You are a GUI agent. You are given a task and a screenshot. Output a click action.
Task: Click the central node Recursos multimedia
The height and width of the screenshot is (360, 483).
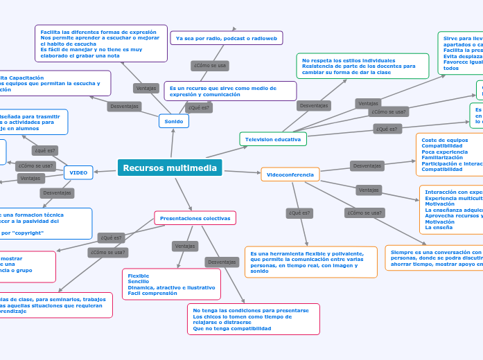(170, 168)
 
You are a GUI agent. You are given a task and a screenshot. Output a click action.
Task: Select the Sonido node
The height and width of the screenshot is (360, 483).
(173, 121)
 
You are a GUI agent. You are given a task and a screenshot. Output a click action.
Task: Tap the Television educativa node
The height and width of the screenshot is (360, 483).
(273, 139)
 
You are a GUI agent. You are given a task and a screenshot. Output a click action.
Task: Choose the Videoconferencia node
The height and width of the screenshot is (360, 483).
(290, 174)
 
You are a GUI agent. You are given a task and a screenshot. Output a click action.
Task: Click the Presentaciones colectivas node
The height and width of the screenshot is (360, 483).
(195, 218)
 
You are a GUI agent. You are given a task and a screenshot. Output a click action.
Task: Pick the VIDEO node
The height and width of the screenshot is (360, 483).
(78, 172)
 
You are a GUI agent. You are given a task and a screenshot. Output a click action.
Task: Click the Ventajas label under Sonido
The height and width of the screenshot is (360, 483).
(146, 88)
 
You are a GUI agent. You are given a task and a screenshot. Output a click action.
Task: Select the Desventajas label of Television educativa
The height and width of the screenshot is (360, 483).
(314, 105)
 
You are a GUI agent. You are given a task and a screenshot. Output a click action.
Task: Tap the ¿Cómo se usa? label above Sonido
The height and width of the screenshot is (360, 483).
(210, 66)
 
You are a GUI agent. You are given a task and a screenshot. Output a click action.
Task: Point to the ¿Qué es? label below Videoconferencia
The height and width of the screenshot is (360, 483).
(299, 213)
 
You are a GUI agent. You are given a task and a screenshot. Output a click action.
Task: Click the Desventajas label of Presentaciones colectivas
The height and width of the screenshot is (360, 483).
(222, 262)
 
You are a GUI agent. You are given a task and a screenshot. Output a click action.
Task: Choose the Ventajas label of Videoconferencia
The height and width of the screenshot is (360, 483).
(369, 190)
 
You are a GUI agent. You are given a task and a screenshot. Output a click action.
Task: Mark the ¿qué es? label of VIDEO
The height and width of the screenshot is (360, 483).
(44, 150)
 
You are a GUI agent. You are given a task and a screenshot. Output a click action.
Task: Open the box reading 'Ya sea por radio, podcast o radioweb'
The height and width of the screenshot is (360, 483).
(227, 38)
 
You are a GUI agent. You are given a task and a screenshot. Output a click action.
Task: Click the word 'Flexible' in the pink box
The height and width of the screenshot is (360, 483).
(139, 276)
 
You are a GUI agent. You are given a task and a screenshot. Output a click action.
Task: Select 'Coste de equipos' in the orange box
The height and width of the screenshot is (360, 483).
(444, 140)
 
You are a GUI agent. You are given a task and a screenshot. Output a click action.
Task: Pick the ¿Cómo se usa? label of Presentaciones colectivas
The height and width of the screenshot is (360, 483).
(107, 253)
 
